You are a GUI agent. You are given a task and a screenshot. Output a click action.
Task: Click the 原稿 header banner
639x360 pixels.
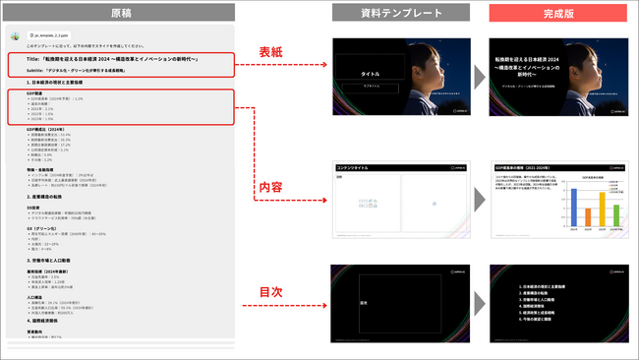(118, 13)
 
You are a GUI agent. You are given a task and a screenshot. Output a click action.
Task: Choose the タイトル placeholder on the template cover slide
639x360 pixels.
(371, 74)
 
